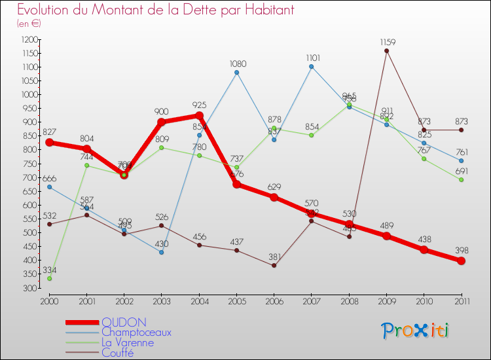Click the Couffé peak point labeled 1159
click(x=386, y=50)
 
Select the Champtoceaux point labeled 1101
click(x=311, y=66)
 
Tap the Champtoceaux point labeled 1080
click(x=236, y=72)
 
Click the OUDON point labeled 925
click(x=199, y=115)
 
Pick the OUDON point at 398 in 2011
click(x=461, y=261)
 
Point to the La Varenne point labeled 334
click(x=49, y=278)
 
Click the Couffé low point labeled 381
click(x=274, y=265)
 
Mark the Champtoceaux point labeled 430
click(x=162, y=252)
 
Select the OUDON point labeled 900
click(x=162, y=122)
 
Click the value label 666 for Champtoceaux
click(x=49, y=179)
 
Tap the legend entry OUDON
click(x=124, y=322)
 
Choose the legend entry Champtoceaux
click(x=136, y=333)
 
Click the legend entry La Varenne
click(x=128, y=342)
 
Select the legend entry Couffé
click(x=117, y=353)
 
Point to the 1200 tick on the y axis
click(x=30, y=39)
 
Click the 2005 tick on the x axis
click(x=236, y=300)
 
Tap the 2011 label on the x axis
click(x=461, y=300)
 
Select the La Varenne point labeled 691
click(x=461, y=180)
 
